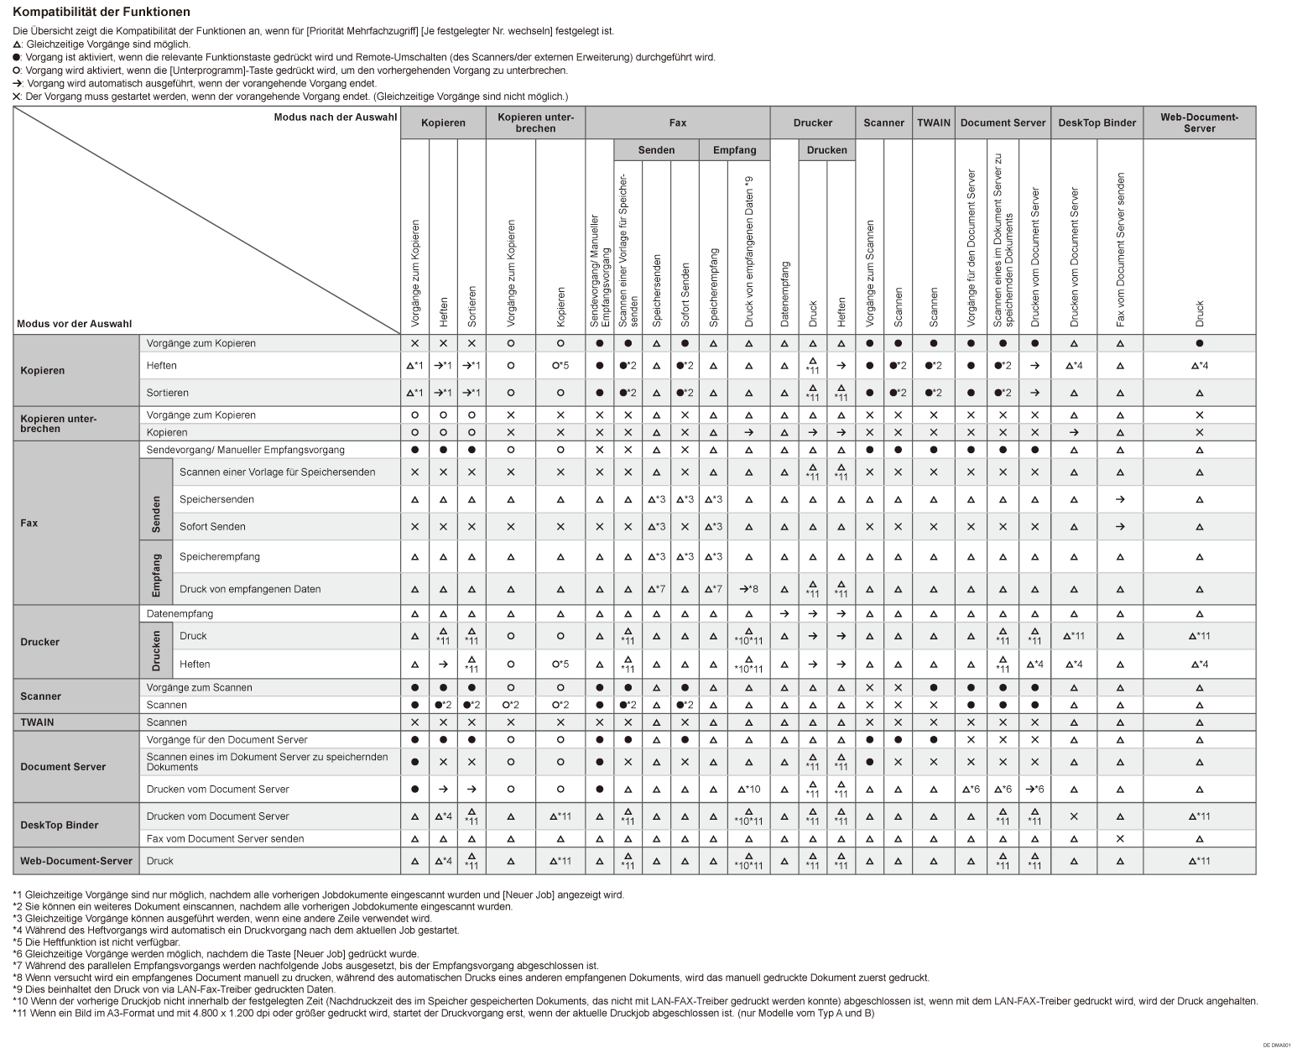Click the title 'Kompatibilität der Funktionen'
coord(102,13)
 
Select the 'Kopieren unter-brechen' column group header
coord(535,123)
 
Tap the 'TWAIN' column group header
coord(933,123)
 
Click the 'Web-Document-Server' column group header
coord(1199,123)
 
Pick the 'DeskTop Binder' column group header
coord(1097,123)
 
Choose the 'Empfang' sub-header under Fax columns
coord(734,150)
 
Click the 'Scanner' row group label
coord(41,696)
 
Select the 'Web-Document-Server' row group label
coord(76,861)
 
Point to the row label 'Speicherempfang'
coord(220,556)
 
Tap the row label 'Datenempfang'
coord(180,613)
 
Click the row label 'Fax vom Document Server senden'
coord(225,838)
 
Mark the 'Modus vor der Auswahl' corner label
coord(74,324)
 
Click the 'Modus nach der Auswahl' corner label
coord(335,117)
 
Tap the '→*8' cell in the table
coord(748,589)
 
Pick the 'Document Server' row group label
coord(63,766)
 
